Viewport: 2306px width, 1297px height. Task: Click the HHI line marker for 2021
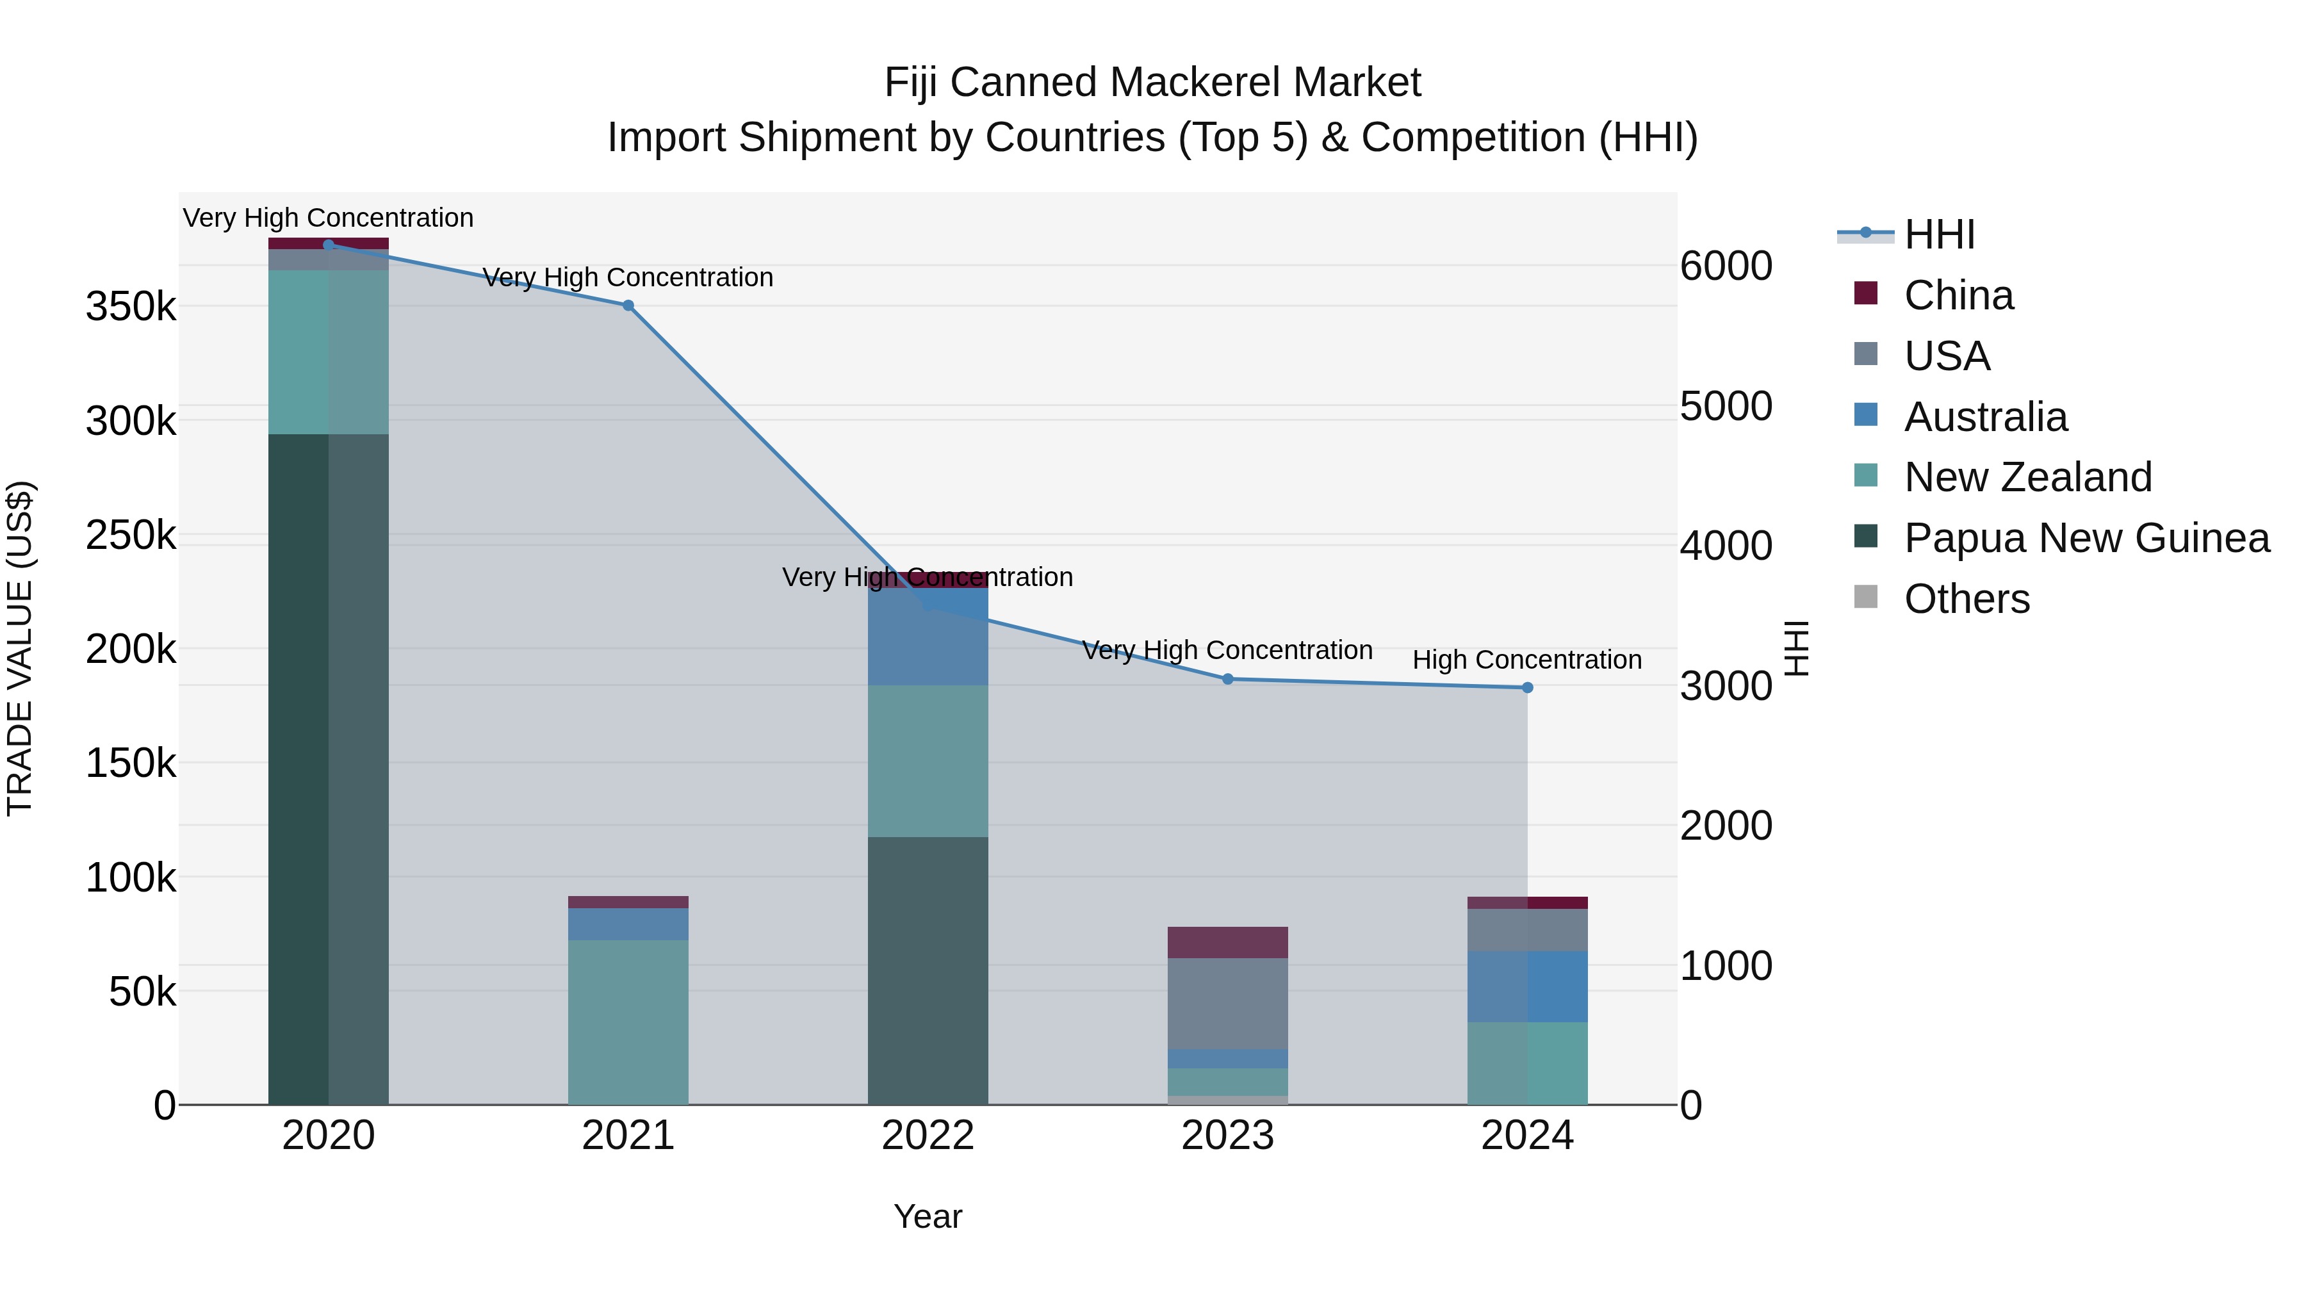pos(628,306)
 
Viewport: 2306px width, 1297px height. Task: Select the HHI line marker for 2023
pos(1227,680)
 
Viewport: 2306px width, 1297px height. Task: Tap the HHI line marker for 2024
pos(1527,687)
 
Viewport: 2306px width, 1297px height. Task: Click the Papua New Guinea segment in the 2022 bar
pos(928,970)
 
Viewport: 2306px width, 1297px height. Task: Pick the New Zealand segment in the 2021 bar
pos(628,1022)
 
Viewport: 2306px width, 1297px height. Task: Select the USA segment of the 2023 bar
pos(1227,1004)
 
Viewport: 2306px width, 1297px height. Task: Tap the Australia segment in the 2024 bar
pos(1527,986)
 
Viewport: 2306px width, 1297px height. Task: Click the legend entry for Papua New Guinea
pos(2086,538)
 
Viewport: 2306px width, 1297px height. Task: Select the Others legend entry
pos(1966,599)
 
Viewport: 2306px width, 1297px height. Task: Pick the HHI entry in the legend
pos(1939,234)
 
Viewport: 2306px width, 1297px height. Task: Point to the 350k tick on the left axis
pos(131,307)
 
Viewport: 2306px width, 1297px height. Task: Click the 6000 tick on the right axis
pos(1725,266)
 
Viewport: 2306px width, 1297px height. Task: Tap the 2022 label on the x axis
pos(928,1136)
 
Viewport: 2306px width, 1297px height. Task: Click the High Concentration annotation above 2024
pos(1526,660)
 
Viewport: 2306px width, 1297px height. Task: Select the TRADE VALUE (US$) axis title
pos(20,648)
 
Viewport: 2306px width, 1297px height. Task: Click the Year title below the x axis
pos(928,1216)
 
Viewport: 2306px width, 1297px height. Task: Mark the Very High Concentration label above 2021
pos(628,277)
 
